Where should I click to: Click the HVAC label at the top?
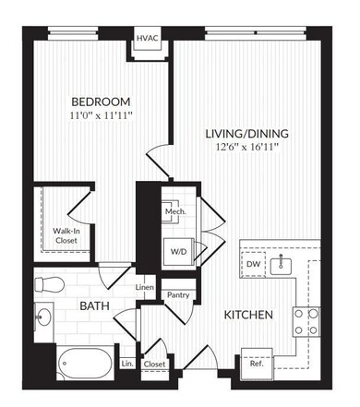[x=148, y=39]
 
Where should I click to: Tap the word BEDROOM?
[x=101, y=101]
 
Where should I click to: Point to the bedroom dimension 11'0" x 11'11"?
[x=101, y=117]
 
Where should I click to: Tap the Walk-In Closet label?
[x=65, y=235]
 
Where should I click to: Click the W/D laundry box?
[x=176, y=250]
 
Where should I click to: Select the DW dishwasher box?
[x=255, y=265]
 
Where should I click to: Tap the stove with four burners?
[x=306, y=320]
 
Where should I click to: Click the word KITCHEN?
[x=248, y=316]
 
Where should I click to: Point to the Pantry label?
[x=177, y=295]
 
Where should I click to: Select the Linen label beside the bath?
[x=144, y=288]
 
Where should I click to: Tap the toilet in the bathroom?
[x=49, y=282]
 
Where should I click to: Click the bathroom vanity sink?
[x=43, y=317]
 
